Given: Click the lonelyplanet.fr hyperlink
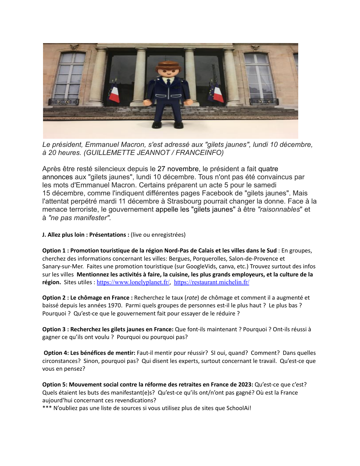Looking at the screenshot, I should [133, 282].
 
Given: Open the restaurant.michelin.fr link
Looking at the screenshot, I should [211, 282].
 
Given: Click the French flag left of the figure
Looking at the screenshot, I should [114, 93].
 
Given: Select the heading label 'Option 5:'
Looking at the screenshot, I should [54, 385].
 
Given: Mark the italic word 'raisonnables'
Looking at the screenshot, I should [280, 209].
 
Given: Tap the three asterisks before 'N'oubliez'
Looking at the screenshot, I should [47, 408].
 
